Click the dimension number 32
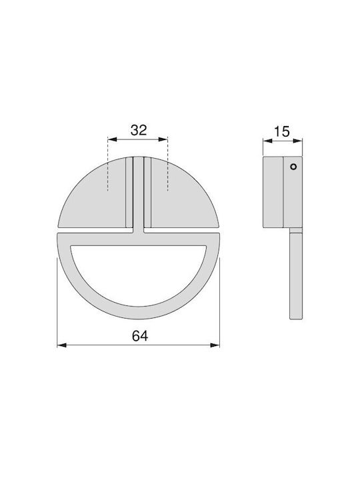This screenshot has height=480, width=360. (139, 130)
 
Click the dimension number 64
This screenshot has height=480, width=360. (140, 336)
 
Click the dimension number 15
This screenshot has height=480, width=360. (281, 131)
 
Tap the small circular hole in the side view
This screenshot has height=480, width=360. (293, 167)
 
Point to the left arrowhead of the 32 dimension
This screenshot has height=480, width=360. (112, 139)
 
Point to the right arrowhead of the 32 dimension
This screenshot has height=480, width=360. (163, 139)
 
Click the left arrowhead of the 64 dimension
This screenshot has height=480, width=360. (62, 345)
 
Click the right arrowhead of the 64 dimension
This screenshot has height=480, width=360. (215, 345)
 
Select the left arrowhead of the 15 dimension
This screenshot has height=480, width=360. (268, 141)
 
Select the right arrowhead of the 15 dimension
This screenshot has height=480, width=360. (298, 141)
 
